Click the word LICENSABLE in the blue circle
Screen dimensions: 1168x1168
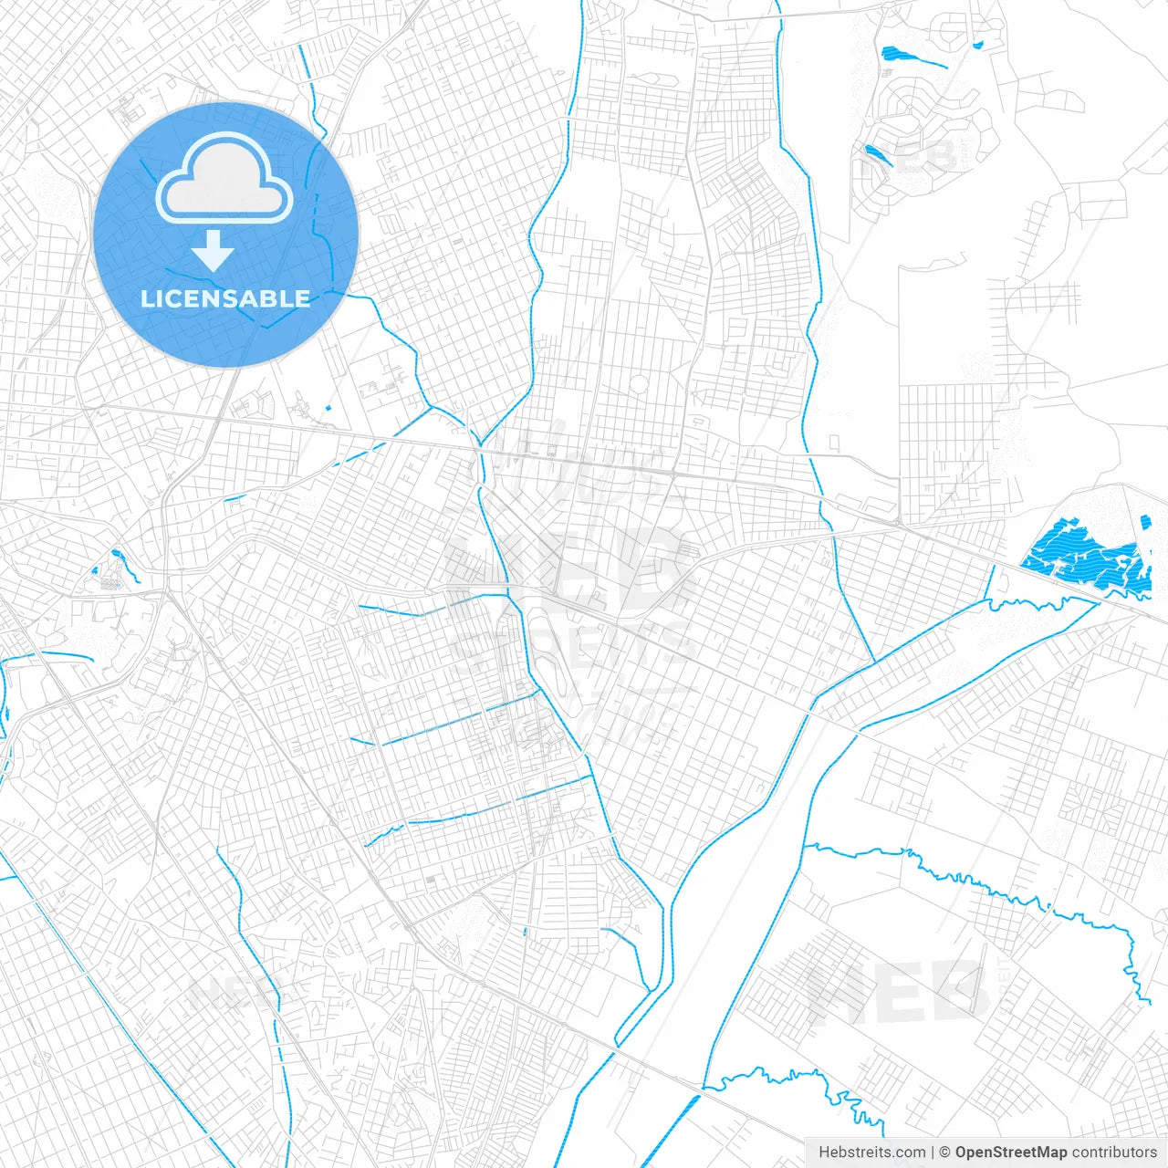click(x=225, y=298)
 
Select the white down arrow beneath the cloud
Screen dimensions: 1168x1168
click(x=213, y=250)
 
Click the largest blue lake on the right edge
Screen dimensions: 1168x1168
click(x=1081, y=553)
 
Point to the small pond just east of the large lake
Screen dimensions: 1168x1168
click(x=1146, y=522)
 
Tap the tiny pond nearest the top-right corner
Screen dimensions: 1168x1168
click(x=977, y=44)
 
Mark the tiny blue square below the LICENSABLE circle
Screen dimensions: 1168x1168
click(x=327, y=406)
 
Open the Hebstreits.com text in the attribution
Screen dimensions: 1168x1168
click(x=871, y=1152)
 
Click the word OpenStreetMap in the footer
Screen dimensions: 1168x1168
click(x=1010, y=1152)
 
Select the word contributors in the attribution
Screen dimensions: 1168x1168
click(x=1114, y=1152)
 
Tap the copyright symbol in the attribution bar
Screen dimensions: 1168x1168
click(x=945, y=1152)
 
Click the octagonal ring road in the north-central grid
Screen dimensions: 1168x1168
click(x=639, y=384)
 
